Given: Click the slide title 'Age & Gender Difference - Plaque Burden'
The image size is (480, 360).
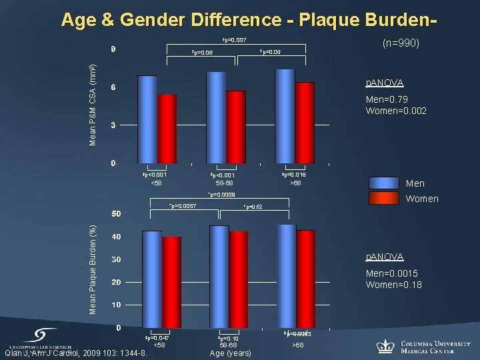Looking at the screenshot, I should click(x=249, y=20).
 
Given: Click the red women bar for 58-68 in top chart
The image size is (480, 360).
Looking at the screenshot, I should click(x=236, y=127).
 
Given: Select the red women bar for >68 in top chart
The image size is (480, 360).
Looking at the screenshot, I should click(x=305, y=123).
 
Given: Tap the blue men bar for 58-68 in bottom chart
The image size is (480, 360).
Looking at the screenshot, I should click(x=219, y=276).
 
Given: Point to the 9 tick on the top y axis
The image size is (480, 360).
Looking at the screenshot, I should click(x=113, y=49).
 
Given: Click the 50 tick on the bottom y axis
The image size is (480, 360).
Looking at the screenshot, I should click(x=115, y=214).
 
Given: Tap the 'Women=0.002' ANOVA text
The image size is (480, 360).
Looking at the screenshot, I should click(x=396, y=111).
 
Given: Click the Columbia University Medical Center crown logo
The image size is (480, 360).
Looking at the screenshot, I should click(x=385, y=345).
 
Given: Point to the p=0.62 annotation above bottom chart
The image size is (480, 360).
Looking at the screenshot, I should click(x=253, y=207).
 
